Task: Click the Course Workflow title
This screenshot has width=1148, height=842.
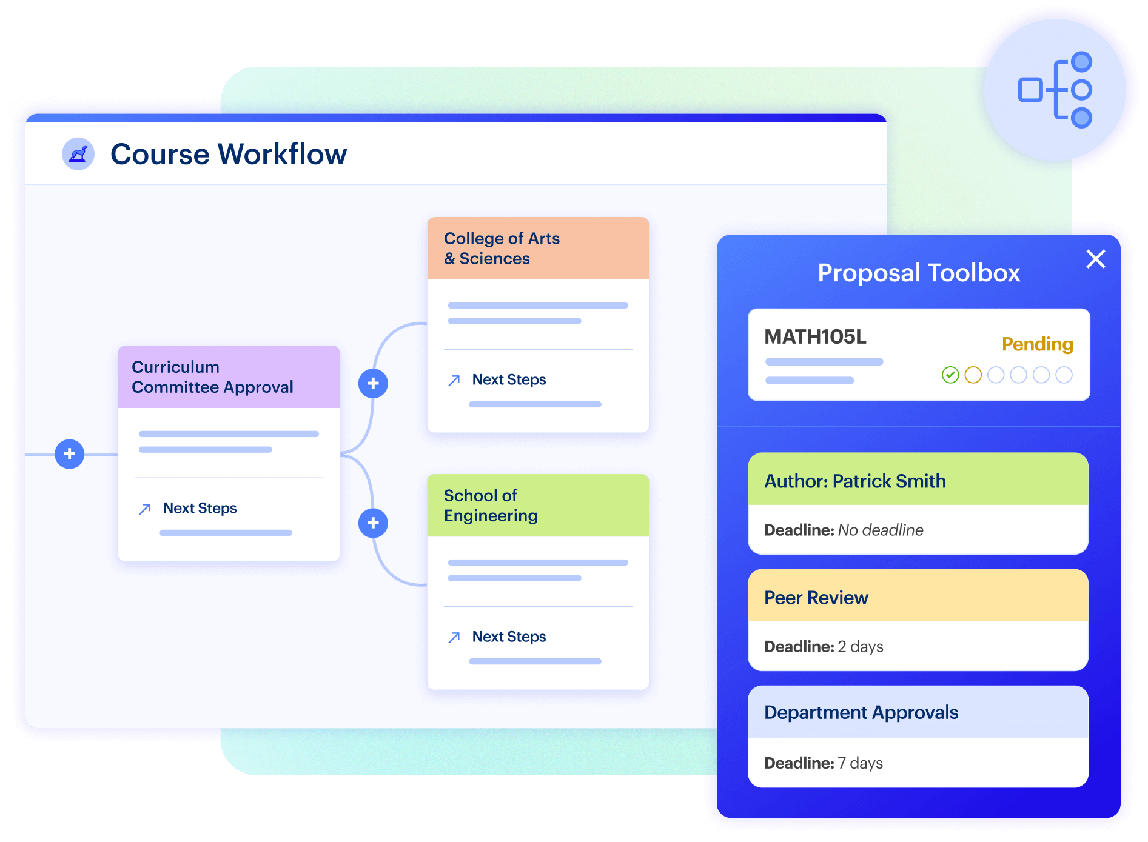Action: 229,154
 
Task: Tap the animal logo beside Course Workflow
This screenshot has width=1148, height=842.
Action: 78,154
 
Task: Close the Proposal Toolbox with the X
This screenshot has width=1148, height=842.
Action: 1095,259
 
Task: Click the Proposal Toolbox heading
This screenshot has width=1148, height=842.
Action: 919,273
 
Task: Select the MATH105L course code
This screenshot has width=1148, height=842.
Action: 815,336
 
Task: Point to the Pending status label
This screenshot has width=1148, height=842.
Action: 1037,344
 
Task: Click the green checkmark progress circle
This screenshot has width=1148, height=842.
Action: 950,375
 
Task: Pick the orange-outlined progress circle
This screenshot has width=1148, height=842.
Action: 973,375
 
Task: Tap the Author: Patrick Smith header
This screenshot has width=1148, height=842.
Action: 918,479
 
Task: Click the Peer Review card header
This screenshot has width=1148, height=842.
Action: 918,596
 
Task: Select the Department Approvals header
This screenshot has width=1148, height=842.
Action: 918,712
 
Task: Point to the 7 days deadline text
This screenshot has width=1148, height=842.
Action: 860,763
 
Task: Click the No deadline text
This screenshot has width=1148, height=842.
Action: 881,530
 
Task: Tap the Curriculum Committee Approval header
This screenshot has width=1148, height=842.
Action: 229,377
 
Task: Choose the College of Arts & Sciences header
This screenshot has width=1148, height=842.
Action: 538,249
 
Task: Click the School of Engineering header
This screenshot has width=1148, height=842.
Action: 538,506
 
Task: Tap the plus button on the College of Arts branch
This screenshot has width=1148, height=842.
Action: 373,383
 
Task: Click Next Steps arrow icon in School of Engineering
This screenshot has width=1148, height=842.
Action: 454,637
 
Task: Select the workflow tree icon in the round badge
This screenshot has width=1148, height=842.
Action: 1055,90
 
